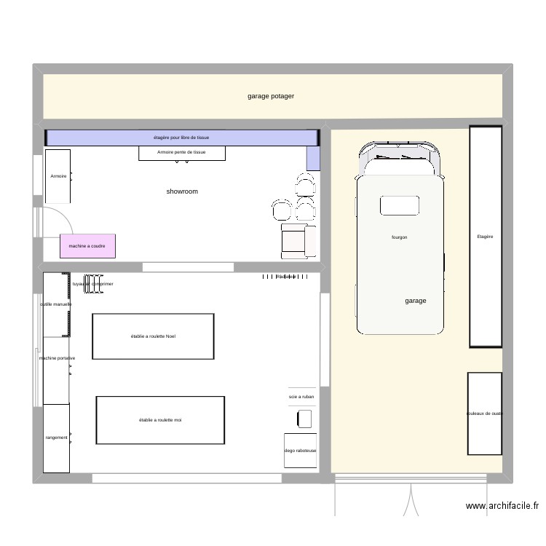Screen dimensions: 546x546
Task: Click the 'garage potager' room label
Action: (270, 96)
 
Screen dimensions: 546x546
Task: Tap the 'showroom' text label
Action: (182, 191)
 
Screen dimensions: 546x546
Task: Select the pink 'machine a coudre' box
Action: (87, 247)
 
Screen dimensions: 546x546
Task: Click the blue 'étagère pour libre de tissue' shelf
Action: (181, 138)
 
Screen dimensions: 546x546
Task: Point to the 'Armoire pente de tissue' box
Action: (181, 153)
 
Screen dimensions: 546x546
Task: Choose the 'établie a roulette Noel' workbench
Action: (153, 336)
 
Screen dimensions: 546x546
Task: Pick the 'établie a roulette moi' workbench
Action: (160, 420)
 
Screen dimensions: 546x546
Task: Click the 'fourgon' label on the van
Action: (399, 237)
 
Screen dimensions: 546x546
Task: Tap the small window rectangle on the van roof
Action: (400, 205)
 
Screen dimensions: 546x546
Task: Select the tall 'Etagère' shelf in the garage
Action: (486, 237)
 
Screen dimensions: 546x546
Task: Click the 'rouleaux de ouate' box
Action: (485, 414)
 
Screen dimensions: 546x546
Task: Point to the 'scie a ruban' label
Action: (301, 397)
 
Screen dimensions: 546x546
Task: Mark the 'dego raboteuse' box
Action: (301, 451)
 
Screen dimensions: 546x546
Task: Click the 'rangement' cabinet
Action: (57, 438)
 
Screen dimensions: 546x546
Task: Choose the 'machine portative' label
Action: (57, 358)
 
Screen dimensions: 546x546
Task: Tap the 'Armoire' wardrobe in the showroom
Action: (58, 176)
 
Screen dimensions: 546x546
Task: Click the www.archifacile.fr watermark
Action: (502, 506)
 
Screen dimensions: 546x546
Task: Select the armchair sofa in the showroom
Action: (298, 240)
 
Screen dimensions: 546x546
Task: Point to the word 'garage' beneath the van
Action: (416, 301)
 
